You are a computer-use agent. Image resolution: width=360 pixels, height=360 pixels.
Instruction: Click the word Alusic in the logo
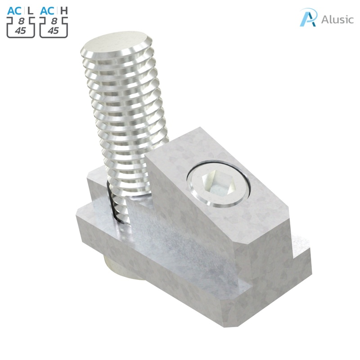(337, 20)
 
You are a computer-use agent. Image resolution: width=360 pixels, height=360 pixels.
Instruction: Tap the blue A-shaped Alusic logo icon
(308, 18)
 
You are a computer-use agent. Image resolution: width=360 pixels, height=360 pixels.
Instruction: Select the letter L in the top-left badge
(31, 10)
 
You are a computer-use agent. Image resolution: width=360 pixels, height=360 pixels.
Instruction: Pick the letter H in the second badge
(64, 10)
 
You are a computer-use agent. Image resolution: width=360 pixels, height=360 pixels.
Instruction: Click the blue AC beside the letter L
(14, 10)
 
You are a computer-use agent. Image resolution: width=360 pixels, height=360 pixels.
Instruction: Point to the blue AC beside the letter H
(47, 10)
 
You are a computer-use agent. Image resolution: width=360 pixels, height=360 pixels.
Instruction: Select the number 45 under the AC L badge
(20, 31)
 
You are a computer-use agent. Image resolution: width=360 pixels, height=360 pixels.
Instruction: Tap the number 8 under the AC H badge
(54, 21)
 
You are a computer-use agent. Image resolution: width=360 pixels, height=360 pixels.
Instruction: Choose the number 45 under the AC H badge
(54, 31)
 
